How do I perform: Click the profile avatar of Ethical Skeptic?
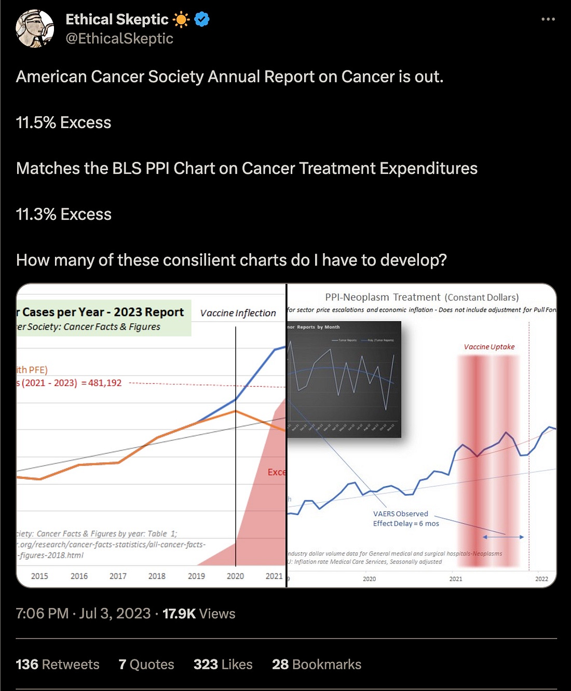(x=35, y=29)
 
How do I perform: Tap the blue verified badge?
(x=202, y=20)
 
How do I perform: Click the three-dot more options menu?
(x=548, y=19)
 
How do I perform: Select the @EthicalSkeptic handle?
(x=119, y=39)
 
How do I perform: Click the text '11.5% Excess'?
(x=64, y=122)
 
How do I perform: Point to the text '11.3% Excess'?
(x=64, y=214)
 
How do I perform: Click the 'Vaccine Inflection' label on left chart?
(x=238, y=313)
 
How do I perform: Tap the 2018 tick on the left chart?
(x=157, y=576)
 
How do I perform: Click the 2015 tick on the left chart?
(x=39, y=576)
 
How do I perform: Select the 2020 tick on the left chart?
(x=235, y=576)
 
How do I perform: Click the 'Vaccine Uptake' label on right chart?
(x=489, y=347)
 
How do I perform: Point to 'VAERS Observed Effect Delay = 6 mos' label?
(x=405, y=519)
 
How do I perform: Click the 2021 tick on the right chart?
(x=455, y=579)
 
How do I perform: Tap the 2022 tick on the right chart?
(x=541, y=579)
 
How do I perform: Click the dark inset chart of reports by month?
(x=344, y=379)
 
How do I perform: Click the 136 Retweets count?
(x=58, y=665)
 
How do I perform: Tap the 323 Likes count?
(x=223, y=665)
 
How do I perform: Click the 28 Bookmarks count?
(x=317, y=665)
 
